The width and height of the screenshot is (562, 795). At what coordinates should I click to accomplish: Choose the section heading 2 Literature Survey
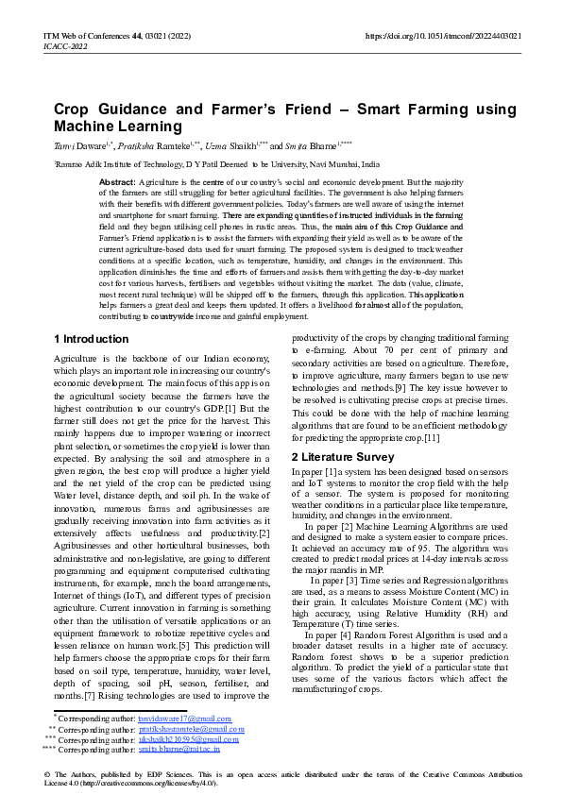click(x=342, y=458)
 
